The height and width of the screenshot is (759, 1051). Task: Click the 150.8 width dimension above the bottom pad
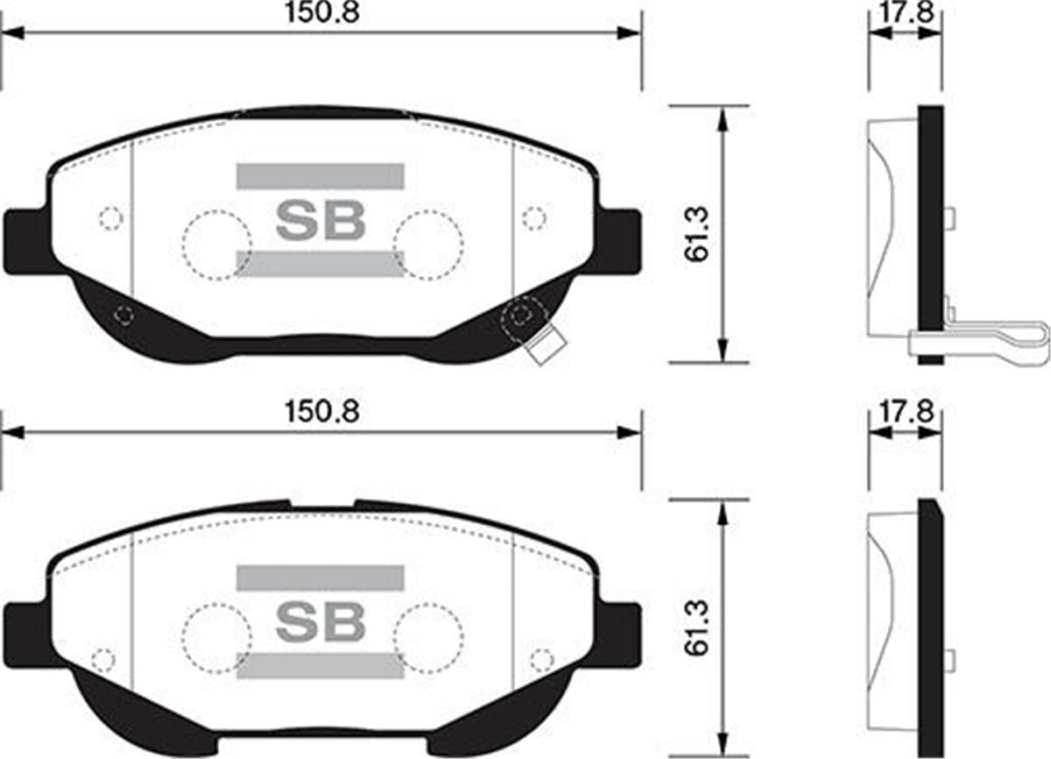322,412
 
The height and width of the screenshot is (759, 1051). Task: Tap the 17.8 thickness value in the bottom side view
906,412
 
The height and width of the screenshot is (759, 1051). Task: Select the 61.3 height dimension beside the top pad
695,235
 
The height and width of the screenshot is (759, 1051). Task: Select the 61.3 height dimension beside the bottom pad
695,628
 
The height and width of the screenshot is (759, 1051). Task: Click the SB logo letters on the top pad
321,220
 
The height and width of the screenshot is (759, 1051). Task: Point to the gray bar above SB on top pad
321,176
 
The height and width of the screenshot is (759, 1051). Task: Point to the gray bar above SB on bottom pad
321,578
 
